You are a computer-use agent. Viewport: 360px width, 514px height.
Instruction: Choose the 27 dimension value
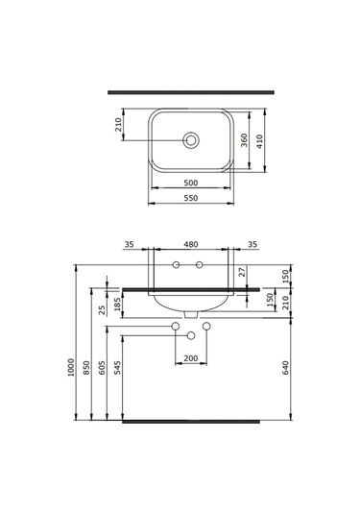[x=243, y=273]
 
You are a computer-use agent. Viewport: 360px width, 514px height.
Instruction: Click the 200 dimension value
[x=191, y=357]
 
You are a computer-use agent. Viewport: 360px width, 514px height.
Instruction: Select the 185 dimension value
[x=118, y=306]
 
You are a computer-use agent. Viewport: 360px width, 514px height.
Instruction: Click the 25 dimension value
[x=102, y=310]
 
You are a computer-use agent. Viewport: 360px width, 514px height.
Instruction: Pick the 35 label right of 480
[x=252, y=244]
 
